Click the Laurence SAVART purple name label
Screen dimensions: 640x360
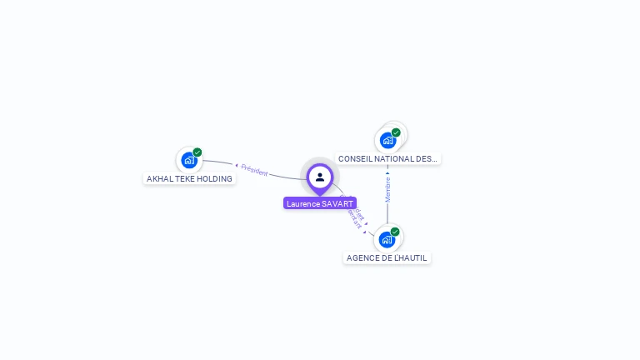click(320, 203)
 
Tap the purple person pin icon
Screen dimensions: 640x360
click(320, 177)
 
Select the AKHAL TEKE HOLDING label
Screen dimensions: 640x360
click(189, 178)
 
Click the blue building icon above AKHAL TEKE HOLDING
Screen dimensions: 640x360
click(189, 160)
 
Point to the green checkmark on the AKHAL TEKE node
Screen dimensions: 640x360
click(197, 152)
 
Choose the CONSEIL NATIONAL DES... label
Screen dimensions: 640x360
click(387, 158)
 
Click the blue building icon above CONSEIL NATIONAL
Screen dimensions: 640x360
click(387, 140)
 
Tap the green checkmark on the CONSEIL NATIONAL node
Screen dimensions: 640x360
click(396, 132)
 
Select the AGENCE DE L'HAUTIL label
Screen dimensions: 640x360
click(387, 258)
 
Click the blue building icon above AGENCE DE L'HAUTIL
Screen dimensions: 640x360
click(387, 240)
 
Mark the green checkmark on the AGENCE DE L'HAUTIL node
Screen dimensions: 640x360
click(395, 232)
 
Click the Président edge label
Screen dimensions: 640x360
click(254, 171)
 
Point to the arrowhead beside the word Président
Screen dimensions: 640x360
click(237, 166)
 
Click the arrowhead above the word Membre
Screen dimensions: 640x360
click(387, 174)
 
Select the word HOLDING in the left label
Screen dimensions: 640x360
click(216, 178)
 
